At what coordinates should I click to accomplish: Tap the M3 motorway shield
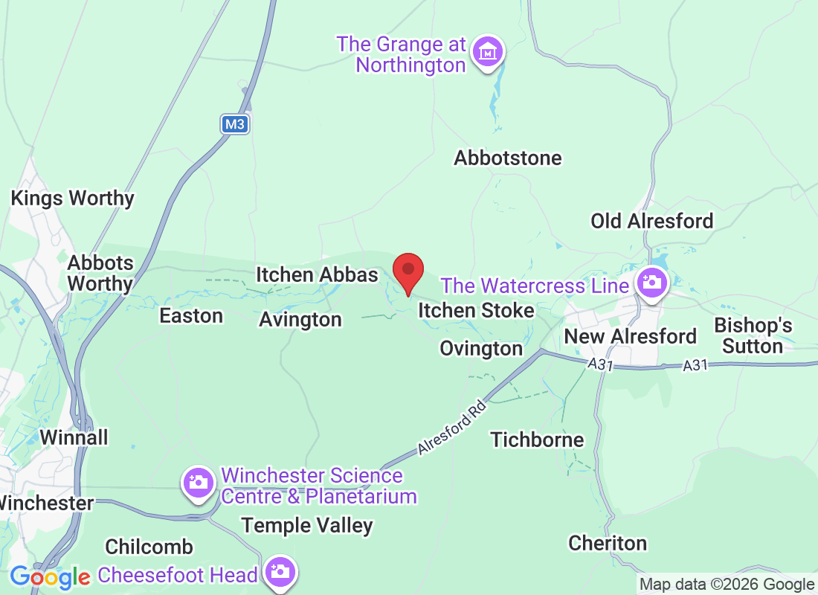(235, 124)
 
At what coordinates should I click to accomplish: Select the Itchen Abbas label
(317, 274)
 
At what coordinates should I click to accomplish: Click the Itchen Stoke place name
(476, 310)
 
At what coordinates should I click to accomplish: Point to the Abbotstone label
(508, 158)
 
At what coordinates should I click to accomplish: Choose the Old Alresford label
(651, 221)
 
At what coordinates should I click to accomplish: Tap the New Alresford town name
(630, 336)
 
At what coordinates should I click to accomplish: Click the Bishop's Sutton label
(753, 336)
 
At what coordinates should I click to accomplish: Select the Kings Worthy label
(72, 199)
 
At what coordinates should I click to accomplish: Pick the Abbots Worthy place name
(100, 273)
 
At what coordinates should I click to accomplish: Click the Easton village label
(191, 316)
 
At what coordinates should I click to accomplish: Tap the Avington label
(300, 320)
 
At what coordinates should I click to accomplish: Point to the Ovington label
(481, 348)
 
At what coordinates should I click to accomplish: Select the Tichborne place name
(537, 440)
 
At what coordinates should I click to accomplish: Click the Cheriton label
(608, 543)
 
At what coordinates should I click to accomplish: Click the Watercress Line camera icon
(652, 283)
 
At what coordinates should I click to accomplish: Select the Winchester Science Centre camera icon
(198, 483)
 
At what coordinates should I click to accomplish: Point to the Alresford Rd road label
(451, 428)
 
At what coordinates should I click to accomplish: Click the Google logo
(50, 576)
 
